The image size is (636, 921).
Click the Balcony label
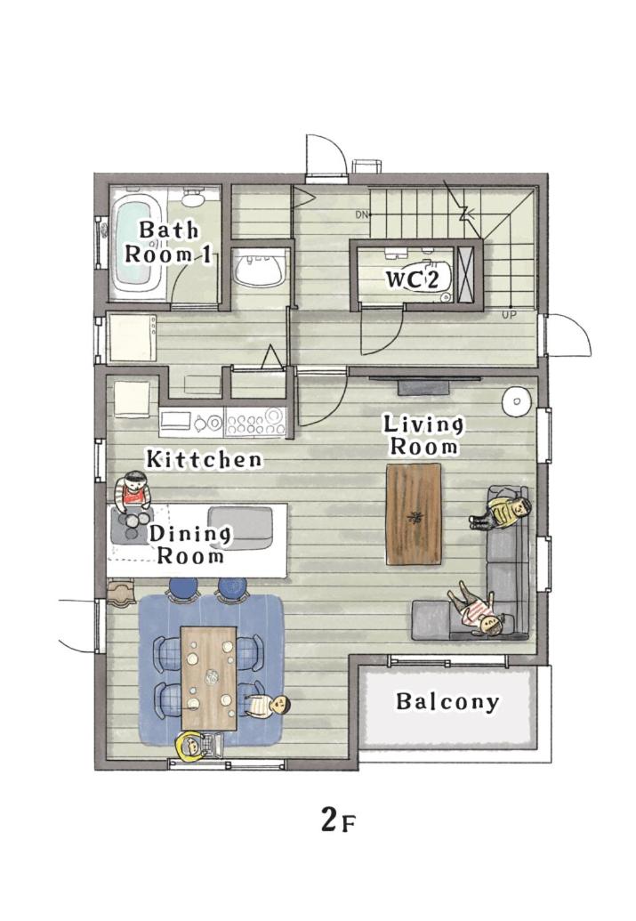(447, 701)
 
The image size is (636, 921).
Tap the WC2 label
(412, 279)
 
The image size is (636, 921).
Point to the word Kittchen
(204, 459)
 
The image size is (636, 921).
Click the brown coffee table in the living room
(414, 514)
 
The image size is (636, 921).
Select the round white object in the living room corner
(517, 401)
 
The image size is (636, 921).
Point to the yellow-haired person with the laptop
(197, 746)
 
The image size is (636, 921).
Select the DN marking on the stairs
(362, 214)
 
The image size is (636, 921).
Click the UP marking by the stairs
(509, 315)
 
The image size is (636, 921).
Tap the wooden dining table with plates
(208, 677)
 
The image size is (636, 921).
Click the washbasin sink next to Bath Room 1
(259, 268)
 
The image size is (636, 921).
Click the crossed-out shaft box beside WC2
(468, 275)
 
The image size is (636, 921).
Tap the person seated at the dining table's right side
(268, 705)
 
